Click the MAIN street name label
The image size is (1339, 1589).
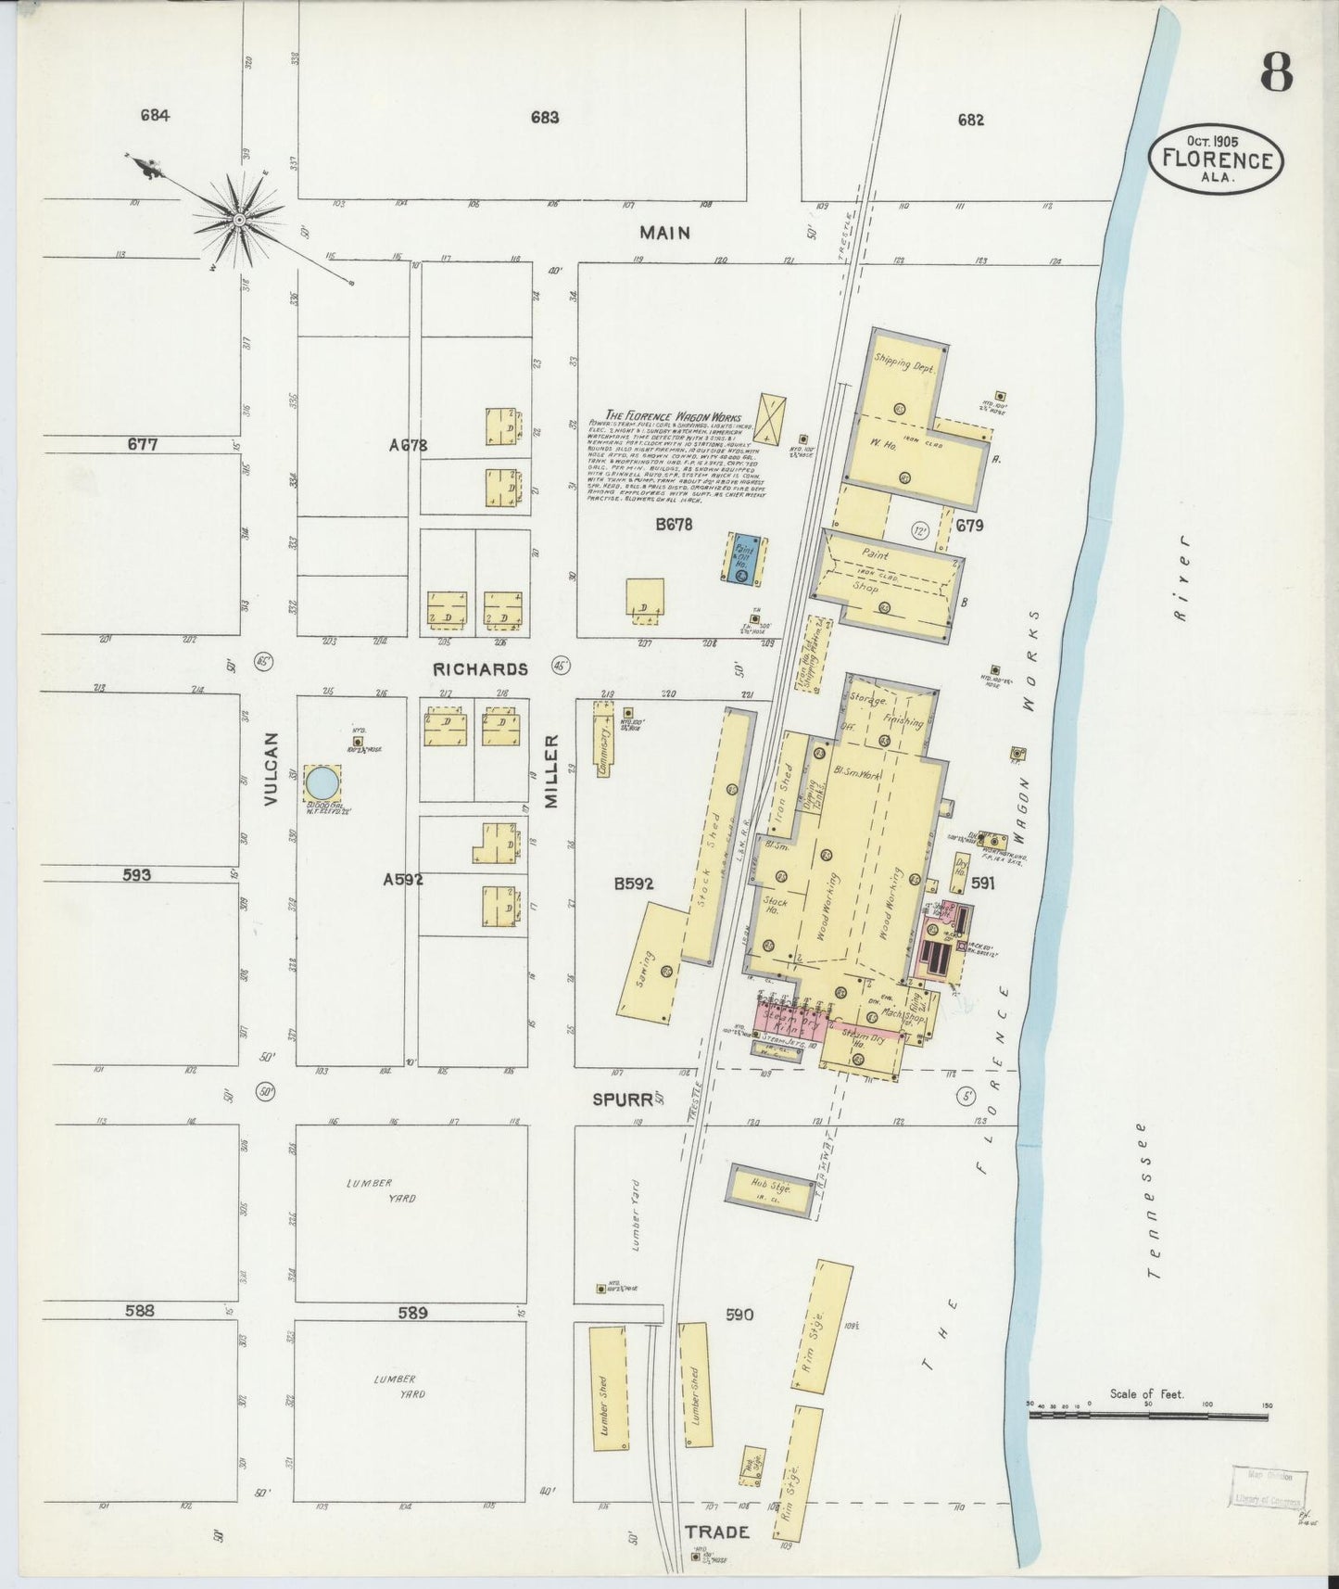(x=664, y=232)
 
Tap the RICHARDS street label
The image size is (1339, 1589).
(x=479, y=668)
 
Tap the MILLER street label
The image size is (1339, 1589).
(x=552, y=770)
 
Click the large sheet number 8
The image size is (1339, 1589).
(x=1276, y=73)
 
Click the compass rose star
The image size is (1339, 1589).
(x=239, y=220)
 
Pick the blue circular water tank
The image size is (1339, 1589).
(x=322, y=782)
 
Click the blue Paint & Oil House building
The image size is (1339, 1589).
(x=743, y=558)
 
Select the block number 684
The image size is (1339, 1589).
(x=155, y=116)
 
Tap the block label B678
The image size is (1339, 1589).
(x=674, y=524)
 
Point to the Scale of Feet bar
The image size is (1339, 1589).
(x=1149, y=1416)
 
